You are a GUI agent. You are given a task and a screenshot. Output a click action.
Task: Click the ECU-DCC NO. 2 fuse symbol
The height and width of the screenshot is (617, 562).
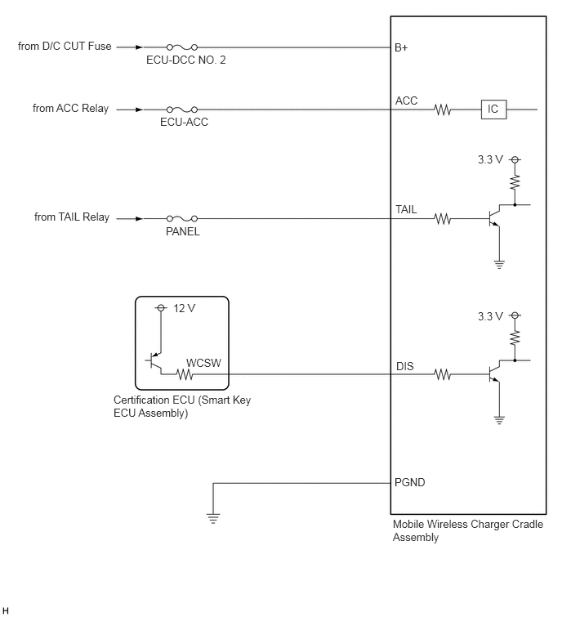tap(181, 47)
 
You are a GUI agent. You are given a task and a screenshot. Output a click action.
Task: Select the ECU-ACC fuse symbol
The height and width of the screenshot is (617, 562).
tap(181, 110)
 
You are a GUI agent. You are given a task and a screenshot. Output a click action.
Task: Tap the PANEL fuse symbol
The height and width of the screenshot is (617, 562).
tap(181, 218)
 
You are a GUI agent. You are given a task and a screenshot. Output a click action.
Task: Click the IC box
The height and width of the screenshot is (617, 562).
tap(493, 109)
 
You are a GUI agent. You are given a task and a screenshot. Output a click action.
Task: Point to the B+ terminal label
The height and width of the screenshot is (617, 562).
tap(401, 47)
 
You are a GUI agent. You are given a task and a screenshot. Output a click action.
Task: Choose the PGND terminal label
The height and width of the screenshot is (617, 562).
tap(410, 482)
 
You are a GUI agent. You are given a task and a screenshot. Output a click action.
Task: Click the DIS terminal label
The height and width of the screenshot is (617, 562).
tap(404, 366)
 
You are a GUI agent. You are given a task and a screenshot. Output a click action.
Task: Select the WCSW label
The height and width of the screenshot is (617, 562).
tap(203, 363)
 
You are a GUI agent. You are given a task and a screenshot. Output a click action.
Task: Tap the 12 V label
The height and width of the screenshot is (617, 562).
tap(185, 308)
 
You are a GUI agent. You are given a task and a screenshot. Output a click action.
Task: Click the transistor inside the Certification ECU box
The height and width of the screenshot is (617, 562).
tap(156, 361)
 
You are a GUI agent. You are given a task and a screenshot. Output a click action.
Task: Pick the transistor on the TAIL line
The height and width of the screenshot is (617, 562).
tap(495, 216)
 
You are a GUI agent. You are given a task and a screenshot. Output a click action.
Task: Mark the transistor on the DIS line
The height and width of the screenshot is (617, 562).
tap(495, 372)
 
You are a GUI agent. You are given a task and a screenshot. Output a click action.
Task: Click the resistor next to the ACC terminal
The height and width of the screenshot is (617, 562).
tap(443, 110)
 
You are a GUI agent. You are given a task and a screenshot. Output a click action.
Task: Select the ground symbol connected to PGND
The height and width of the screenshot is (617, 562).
tap(213, 519)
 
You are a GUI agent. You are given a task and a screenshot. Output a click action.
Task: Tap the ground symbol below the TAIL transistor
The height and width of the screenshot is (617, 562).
tap(499, 265)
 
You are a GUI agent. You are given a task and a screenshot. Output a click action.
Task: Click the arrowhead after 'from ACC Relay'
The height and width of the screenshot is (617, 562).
tap(139, 110)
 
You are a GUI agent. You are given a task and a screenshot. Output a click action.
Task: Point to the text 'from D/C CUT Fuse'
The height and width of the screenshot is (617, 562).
tap(65, 46)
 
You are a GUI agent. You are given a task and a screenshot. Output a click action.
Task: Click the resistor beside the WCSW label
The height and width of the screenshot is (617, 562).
tap(185, 374)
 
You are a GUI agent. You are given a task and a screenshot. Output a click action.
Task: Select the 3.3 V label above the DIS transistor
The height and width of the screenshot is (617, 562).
tap(490, 316)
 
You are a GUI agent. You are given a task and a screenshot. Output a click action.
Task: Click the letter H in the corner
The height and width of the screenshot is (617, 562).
tap(5, 610)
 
